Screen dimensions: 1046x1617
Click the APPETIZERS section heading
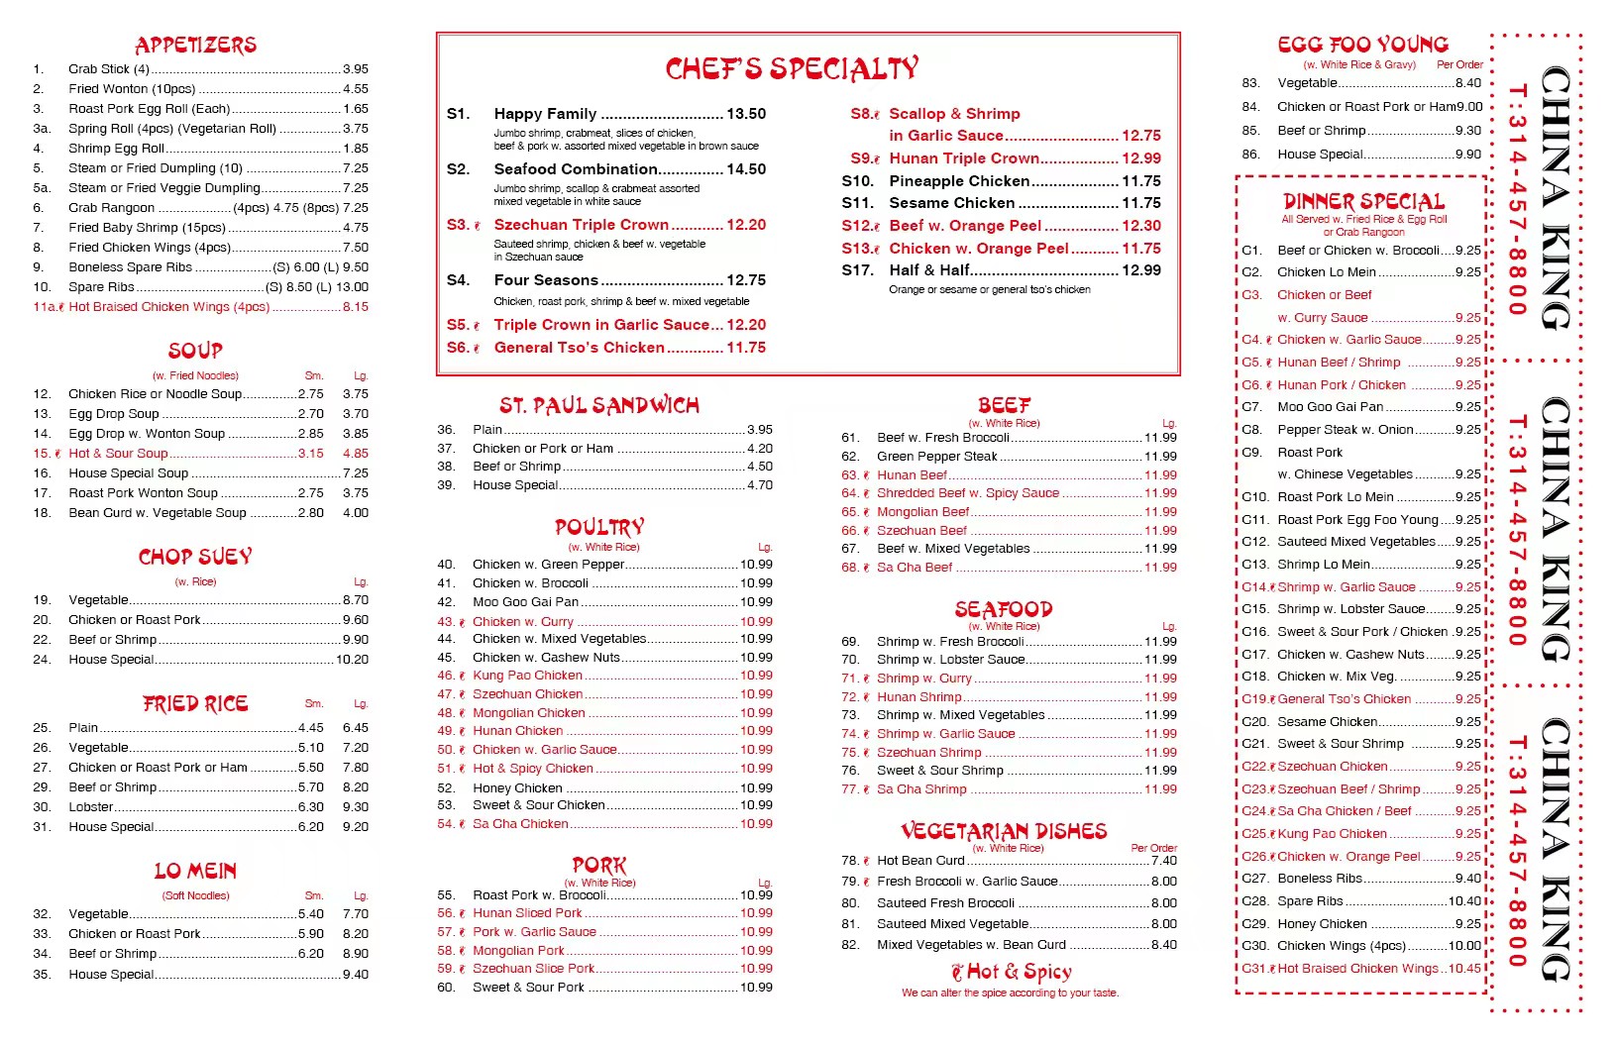pyautogui.click(x=195, y=45)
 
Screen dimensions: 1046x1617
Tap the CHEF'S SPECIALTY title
pyautogui.click(x=792, y=68)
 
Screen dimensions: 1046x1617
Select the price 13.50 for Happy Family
pyautogui.click(x=746, y=114)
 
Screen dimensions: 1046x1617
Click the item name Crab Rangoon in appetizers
pyautogui.click(x=111, y=208)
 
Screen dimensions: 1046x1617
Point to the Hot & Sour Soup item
pyautogui.click(x=118, y=454)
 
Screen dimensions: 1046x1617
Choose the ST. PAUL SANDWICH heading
pyautogui.click(x=599, y=405)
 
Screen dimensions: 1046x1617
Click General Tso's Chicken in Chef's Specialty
pyautogui.click(x=579, y=348)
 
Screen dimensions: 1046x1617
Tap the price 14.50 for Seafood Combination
pyautogui.click(x=746, y=169)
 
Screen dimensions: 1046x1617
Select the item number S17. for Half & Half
pyautogui.click(x=857, y=270)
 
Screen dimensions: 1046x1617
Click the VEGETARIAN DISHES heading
pyautogui.click(x=1004, y=831)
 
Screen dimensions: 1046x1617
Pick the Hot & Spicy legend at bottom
pyautogui.click(x=1011, y=972)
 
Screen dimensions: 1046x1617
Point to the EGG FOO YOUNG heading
pyautogui.click(x=1362, y=45)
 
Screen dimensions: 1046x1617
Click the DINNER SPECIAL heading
pyautogui.click(x=1363, y=201)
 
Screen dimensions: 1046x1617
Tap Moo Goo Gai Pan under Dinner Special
pyautogui.click(x=1330, y=407)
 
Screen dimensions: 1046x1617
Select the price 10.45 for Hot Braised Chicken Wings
pyautogui.click(x=1464, y=969)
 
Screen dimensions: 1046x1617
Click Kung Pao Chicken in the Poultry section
pyautogui.click(x=527, y=676)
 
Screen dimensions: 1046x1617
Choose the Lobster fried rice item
pyautogui.click(x=91, y=807)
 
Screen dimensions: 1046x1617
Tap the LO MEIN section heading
pyautogui.click(x=195, y=871)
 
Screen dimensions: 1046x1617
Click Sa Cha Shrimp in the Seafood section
pyautogui.click(x=920, y=789)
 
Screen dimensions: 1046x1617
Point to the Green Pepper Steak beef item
pyautogui.click(x=936, y=457)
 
